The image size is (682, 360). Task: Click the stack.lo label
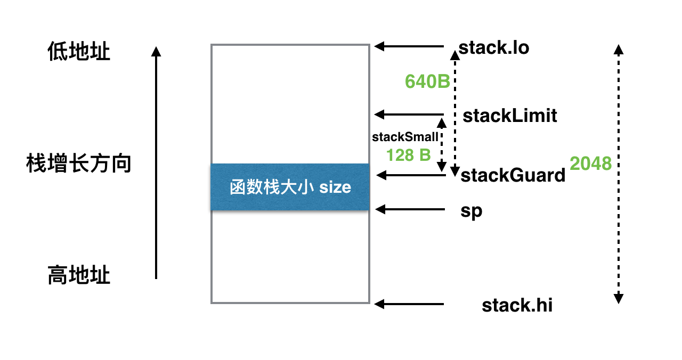(x=494, y=48)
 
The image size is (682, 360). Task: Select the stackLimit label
(x=510, y=116)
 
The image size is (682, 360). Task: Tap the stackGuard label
(x=513, y=175)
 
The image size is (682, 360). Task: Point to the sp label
(x=472, y=210)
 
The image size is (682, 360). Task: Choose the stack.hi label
(x=517, y=306)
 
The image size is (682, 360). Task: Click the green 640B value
(x=427, y=81)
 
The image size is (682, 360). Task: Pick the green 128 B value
(x=409, y=155)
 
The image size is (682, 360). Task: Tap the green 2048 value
(x=590, y=163)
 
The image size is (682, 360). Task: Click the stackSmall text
(x=405, y=137)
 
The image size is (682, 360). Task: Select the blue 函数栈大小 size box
(x=290, y=187)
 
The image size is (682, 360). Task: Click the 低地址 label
(x=79, y=52)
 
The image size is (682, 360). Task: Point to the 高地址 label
(x=79, y=276)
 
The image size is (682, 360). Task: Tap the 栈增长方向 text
(x=79, y=163)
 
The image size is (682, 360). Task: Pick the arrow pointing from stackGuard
(x=410, y=174)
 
